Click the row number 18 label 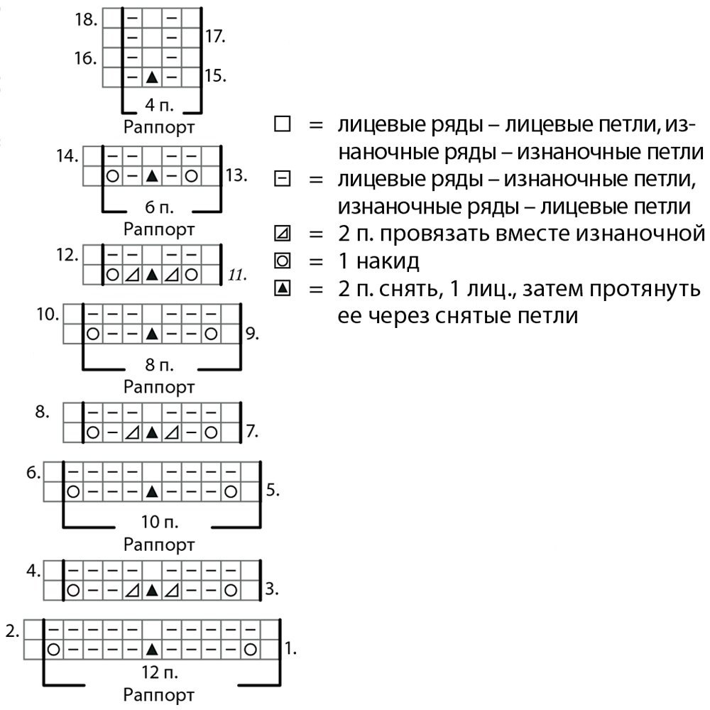point(85,19)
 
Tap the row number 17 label point(215,36)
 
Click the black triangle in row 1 point(151,649)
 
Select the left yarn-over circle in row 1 point(53,649)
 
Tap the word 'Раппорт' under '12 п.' point(159,694)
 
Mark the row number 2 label point(12,630)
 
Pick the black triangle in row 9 point(151,333)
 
